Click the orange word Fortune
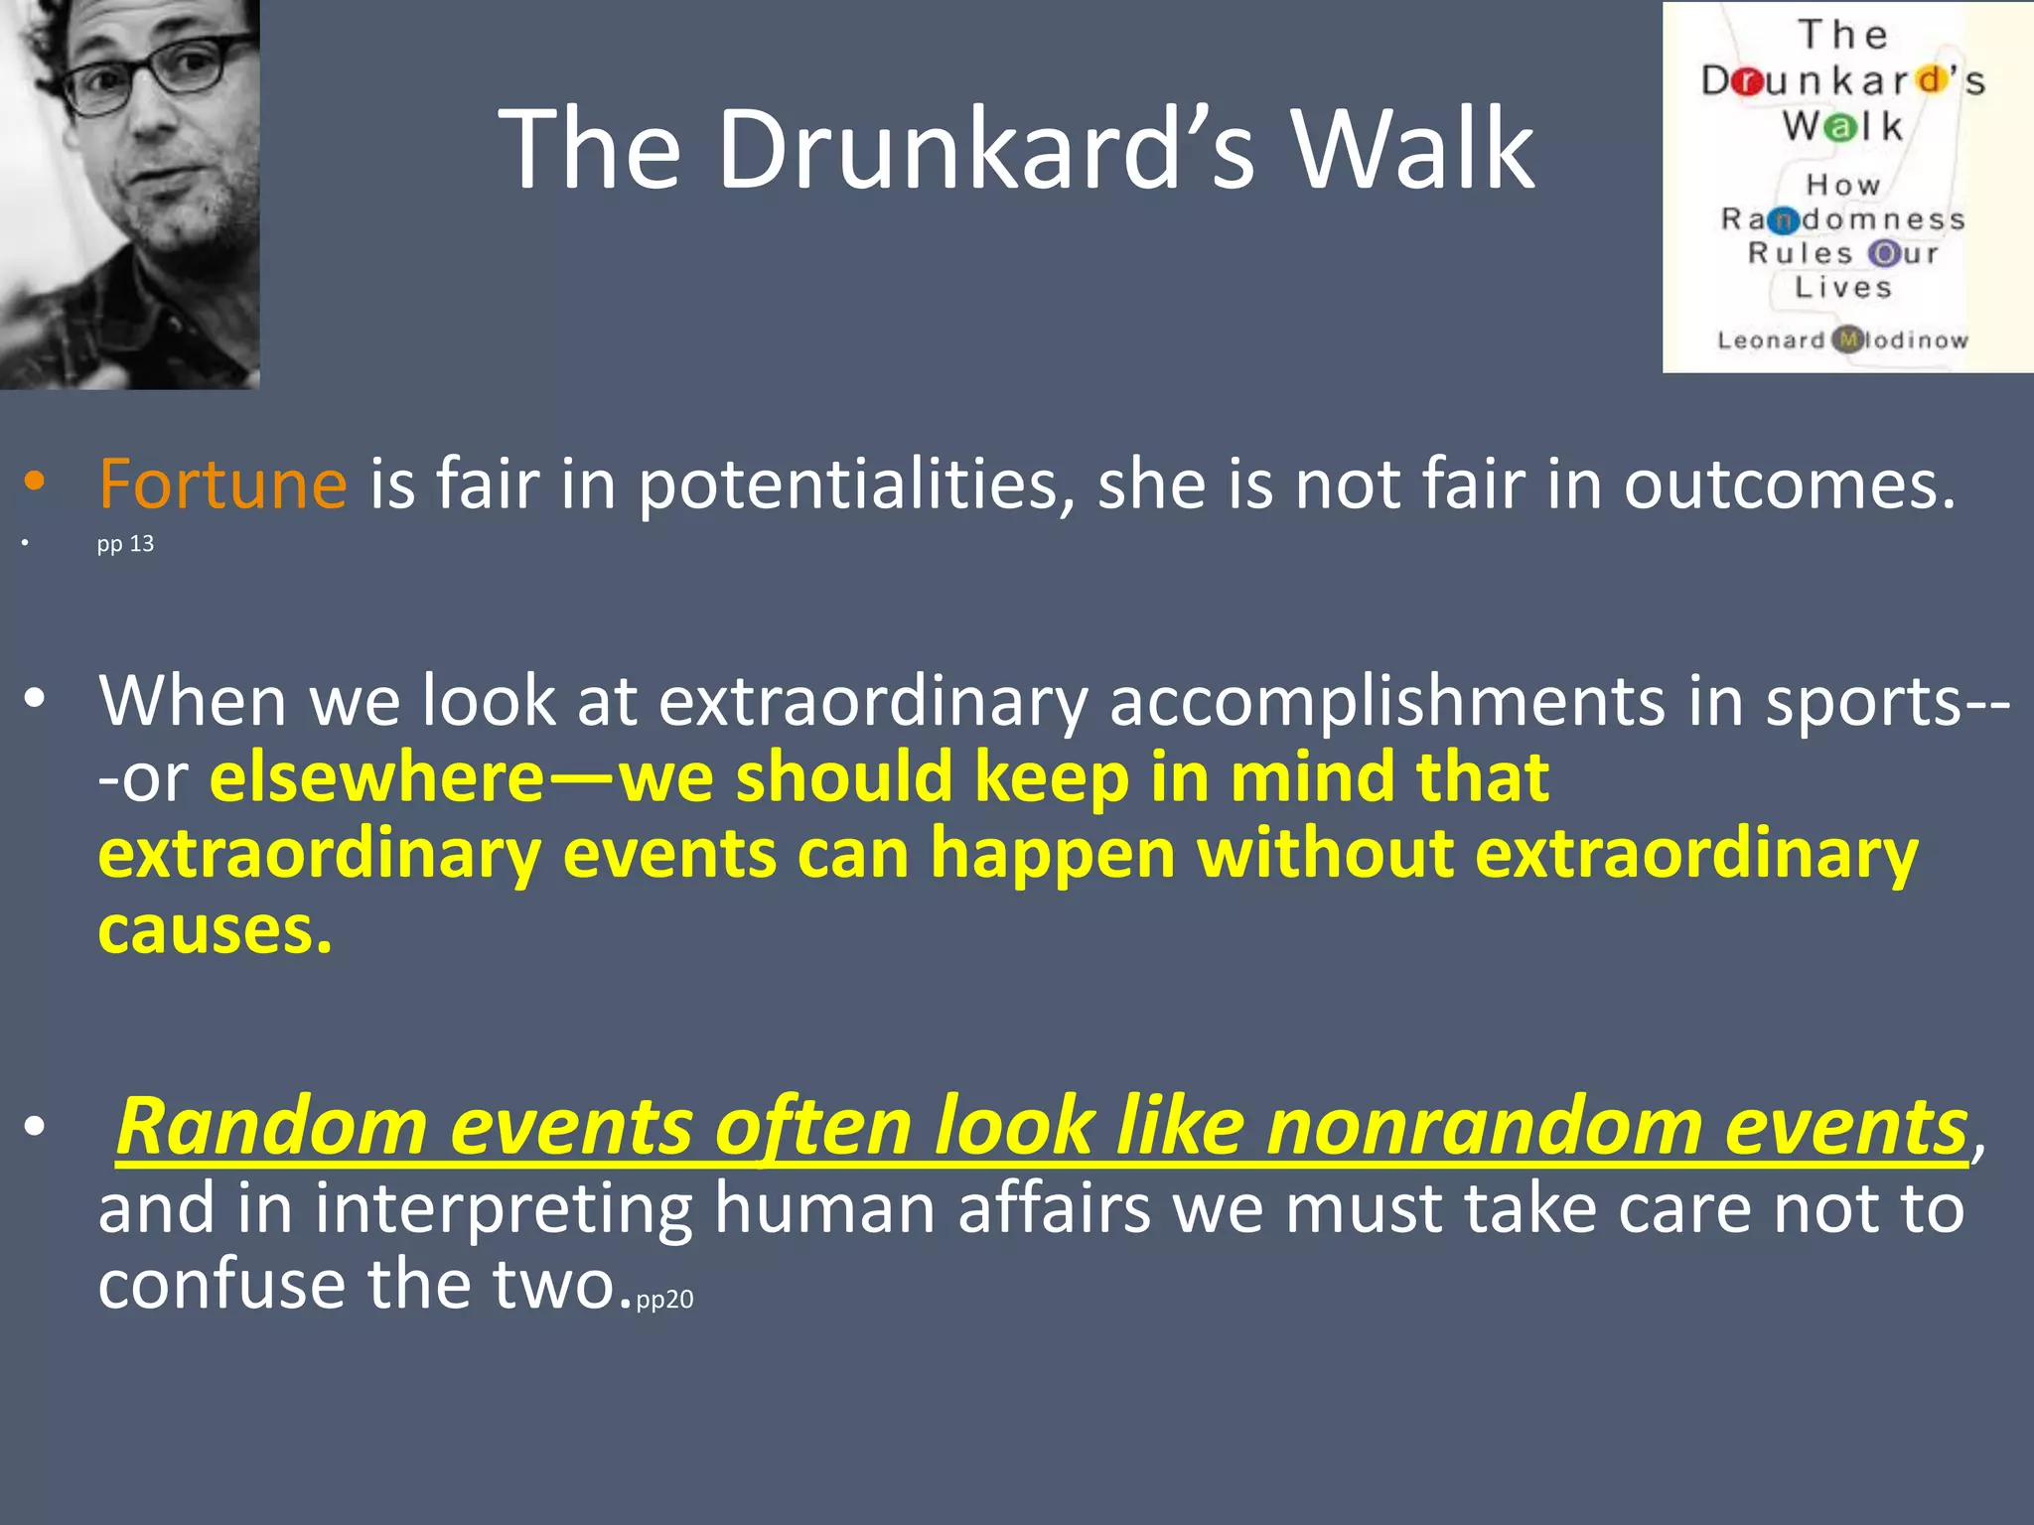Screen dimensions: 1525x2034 click(222, 485)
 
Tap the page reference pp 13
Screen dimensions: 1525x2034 click(125, 544)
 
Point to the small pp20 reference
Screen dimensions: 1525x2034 click(664, 1299)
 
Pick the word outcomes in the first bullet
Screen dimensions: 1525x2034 click(1789, 485)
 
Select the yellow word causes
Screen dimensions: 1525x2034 click(215, 930)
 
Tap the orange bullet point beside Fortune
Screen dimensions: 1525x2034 click(36, 483)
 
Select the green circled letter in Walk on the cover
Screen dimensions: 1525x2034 click(1842, 127)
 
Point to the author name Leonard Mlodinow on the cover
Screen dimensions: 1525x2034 click(1842, 341)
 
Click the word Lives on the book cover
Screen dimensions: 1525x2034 click(1843, 288)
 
